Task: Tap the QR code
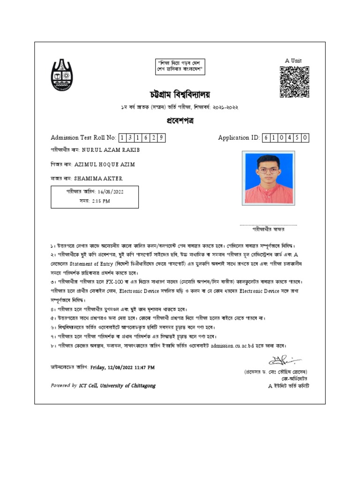(x=294, y=82)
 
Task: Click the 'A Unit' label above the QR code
(x=293, y=60)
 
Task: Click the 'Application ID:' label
(x=239, y=138)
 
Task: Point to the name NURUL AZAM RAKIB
(x=111, y=150)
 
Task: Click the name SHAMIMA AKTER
(x=98, y=179)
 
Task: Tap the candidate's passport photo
(x=268, y=178)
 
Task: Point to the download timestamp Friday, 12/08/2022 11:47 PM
(x=122, y=368)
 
